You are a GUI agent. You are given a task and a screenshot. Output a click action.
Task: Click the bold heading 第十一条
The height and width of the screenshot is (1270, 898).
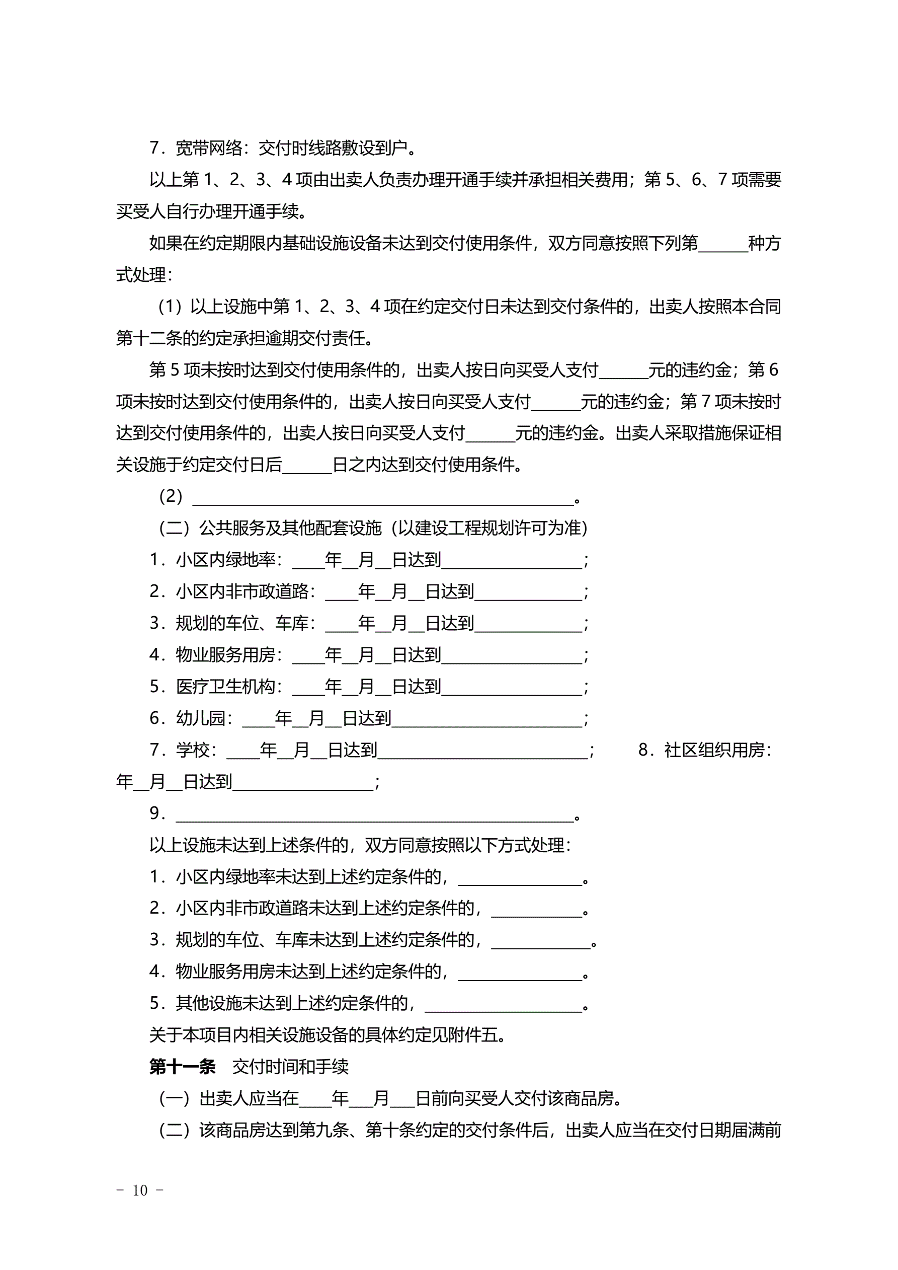click(182, 1067)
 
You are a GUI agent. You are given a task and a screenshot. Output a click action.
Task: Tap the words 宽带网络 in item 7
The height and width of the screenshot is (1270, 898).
click(209, 147)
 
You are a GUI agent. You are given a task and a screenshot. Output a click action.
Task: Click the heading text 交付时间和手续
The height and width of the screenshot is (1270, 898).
click(290, 1067)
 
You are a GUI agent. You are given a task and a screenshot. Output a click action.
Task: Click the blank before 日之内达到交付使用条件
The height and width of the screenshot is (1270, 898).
click(307, 466)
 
